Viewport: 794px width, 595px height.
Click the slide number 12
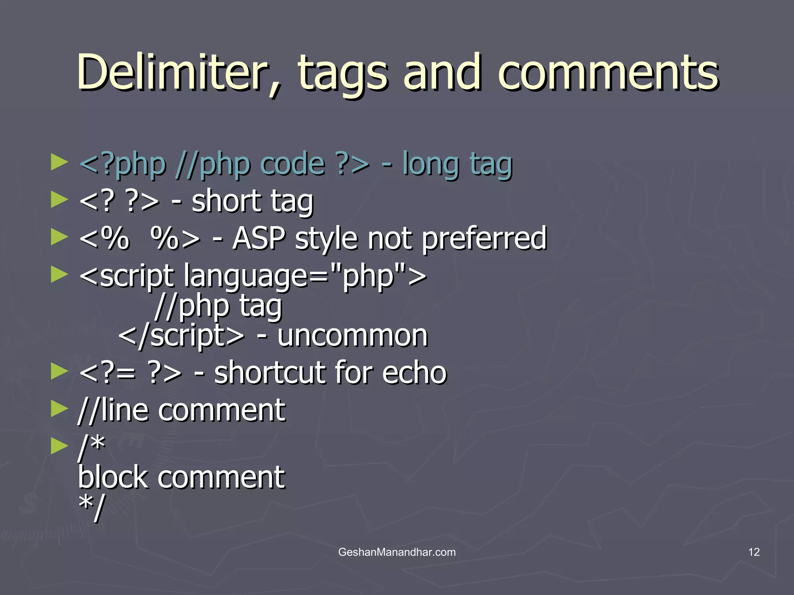click(754, 552)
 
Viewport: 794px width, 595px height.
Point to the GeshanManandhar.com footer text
click(397, 552)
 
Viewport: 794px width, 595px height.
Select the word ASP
click(259, 238)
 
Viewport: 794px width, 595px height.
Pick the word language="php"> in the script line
click(305, 276)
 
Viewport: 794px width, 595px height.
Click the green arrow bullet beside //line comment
click(59, 409)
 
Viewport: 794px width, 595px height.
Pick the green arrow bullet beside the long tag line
click(59, 163)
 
